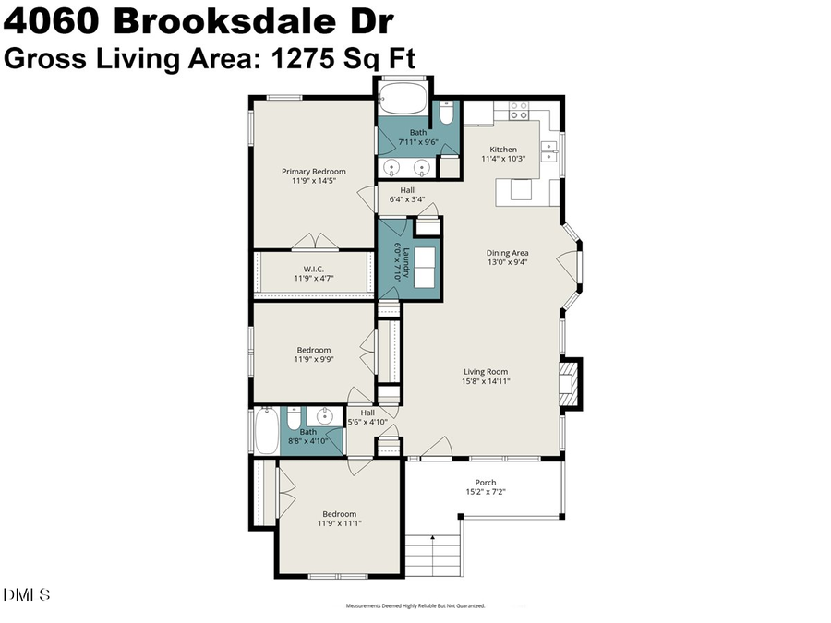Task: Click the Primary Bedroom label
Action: [x=314, y=171]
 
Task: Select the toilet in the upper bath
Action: [x=446, y=114]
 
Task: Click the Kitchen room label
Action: [x=503, y=150]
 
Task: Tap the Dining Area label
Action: [x=507, y=253]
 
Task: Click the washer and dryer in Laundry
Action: [x=426, y=268]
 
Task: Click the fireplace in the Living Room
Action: [x=570, y=382]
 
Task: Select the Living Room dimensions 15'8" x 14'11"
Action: [x=487, y=380]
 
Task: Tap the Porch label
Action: [x=485, y=482]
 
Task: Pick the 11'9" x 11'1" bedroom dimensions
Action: [x=339, y=523]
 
